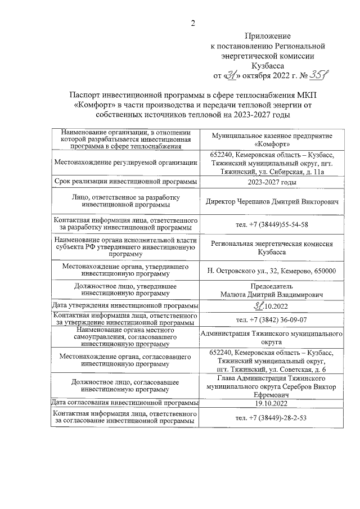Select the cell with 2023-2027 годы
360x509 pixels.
click(272, 182)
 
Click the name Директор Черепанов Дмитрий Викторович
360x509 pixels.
click(272, 201)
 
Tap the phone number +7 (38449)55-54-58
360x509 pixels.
click(272, 224)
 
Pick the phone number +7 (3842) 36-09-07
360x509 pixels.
click(272, 319)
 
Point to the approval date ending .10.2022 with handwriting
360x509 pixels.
click(272, 305)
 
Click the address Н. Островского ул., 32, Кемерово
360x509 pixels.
click(272, 271)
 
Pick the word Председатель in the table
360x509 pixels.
click(272, 285)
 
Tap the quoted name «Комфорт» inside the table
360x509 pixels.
click(272, 144)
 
